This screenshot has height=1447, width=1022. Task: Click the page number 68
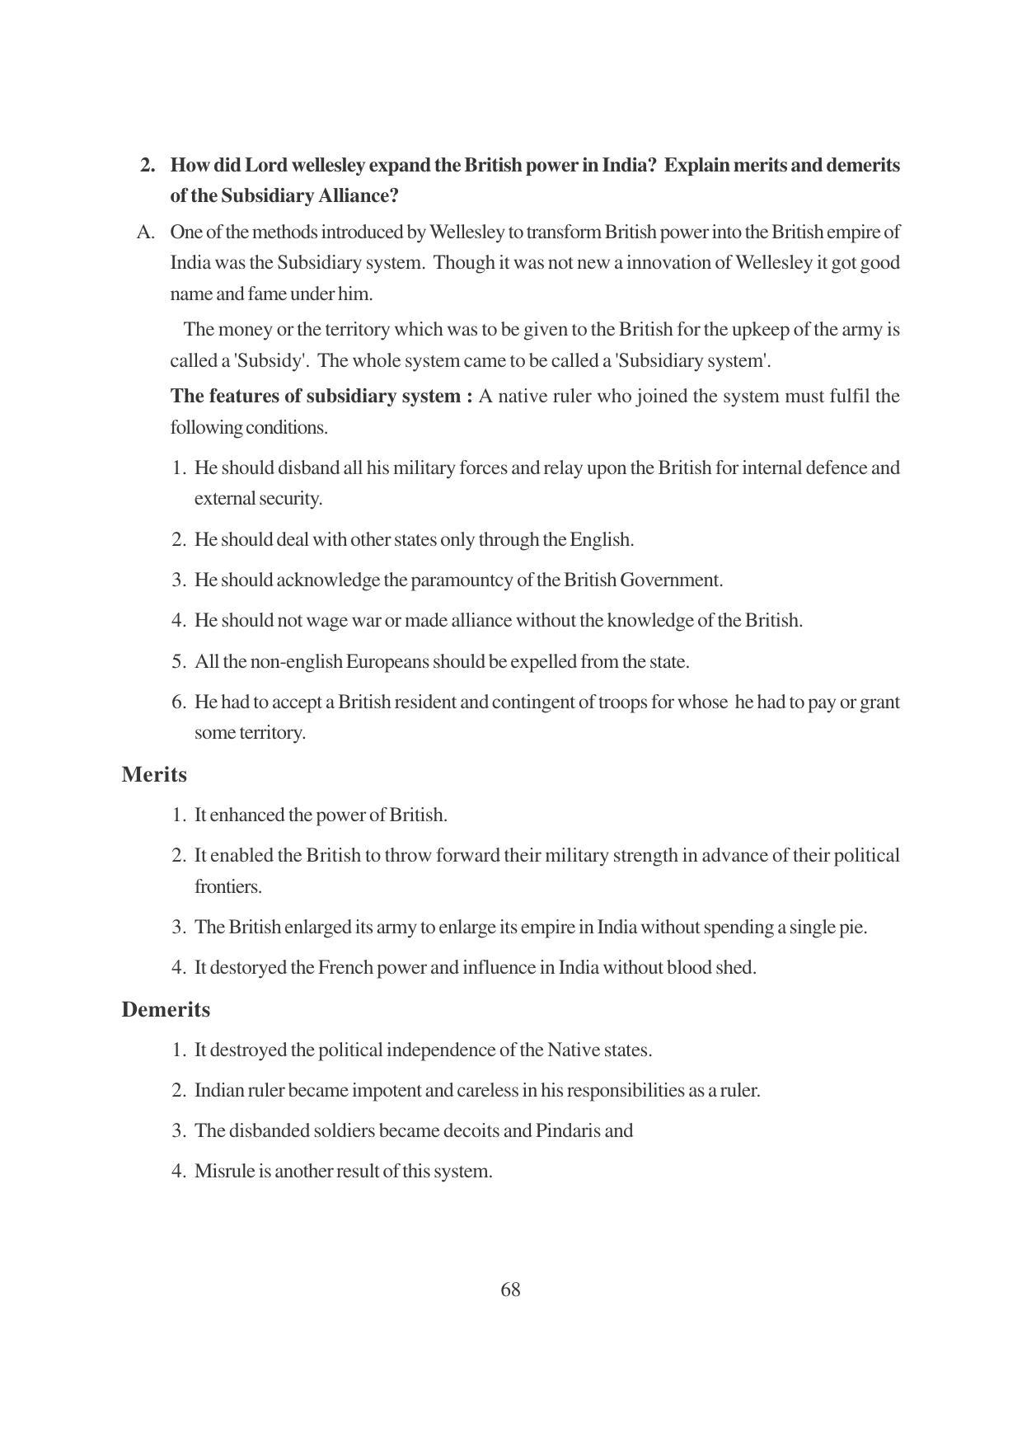(x=510, y=1290)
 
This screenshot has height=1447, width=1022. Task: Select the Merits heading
(x=154, y=775)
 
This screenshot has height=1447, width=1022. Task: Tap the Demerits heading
(x=166, y=1010)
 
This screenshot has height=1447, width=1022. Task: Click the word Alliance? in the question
(x=359, y=196)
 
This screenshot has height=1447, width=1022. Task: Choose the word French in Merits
(x=345, y=968)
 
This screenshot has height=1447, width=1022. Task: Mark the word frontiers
(x=227, y=887)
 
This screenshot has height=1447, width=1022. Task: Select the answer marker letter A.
(x=146, y=233)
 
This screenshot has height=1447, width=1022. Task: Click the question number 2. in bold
(x=148, y=166)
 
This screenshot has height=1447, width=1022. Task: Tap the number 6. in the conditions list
(x=180, y=702)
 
